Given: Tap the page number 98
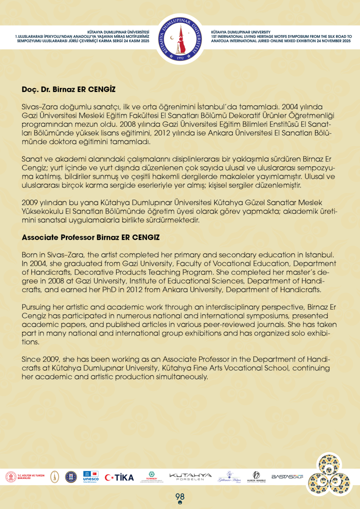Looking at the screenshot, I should click(x=180, y=497).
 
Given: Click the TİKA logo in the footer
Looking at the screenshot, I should click(x=119, y=477).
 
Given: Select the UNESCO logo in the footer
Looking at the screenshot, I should click(x=90, y=477).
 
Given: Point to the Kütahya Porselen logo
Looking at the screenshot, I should click(x=190, y=477).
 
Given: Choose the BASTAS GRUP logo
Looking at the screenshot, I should click(x=287, y=477).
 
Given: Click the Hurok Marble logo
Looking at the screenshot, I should click(x=256, y=477).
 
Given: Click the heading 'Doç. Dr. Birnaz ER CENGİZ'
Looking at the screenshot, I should click(x=69, y=90).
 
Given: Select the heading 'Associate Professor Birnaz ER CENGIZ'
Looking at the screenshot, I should click(x=91, y=238).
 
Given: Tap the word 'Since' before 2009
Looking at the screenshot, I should click(x=31, y=359).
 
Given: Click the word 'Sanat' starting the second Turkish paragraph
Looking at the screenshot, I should click(x=31, y=159).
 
